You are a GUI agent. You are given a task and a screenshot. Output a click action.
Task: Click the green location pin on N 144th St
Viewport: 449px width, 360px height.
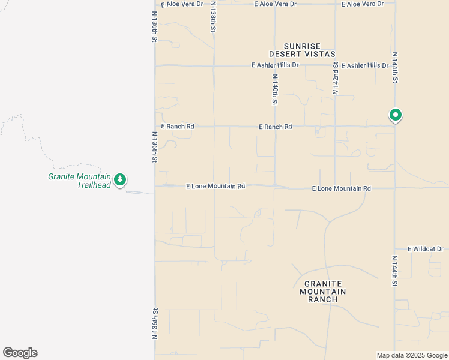click(395, 115)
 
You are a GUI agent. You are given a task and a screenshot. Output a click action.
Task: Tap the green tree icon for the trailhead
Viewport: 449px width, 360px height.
click(120, 179)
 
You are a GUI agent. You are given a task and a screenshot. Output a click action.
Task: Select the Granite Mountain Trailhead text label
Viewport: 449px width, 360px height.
click(80, 181)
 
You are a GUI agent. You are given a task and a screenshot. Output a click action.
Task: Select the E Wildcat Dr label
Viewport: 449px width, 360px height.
click(425, 248)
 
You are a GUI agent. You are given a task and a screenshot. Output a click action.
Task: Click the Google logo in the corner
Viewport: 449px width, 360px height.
click(20, 353)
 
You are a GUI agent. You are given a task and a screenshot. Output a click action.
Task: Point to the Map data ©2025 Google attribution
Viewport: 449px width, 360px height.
click(411, 355)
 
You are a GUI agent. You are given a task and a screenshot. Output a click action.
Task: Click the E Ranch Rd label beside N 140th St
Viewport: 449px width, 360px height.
click(275, 127)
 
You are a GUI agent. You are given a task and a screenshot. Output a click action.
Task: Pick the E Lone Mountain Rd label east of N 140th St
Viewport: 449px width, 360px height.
click(341, 188)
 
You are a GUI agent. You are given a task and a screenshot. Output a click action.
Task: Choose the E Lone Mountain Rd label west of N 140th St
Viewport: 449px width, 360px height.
click(215, 186)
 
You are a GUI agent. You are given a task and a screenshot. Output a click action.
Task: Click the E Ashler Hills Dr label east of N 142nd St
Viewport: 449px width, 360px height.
click(364, 65)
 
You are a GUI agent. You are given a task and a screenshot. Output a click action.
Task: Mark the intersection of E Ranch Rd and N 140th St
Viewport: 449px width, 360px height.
click(275, 127)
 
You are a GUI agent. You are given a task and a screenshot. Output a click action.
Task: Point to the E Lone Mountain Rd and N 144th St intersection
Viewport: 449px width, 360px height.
click(394, 188)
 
